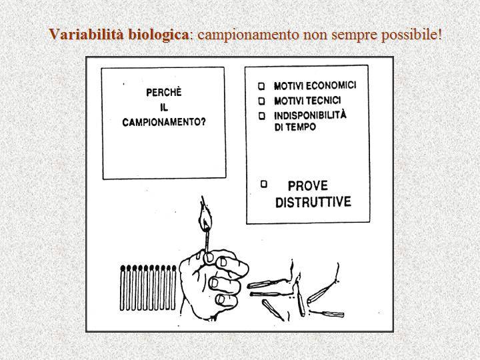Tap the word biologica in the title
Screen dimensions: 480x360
[158, 35]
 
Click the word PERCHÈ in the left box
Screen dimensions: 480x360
[164, 93]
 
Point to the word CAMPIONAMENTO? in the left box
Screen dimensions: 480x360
[164, 122]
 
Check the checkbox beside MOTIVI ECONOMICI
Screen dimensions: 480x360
[261, 86]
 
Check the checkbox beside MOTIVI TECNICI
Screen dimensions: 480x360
[262, 101]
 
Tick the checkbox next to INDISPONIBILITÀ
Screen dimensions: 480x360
[262, 116]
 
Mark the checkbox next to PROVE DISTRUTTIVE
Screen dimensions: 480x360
[264, 184]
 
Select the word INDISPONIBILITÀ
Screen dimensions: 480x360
[311, 115]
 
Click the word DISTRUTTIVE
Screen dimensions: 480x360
[313, 202]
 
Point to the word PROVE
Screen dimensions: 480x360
[307, 186]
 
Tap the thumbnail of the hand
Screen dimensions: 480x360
[209, 258]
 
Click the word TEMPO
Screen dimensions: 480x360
[302, 127]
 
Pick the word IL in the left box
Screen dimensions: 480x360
[164, 107]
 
